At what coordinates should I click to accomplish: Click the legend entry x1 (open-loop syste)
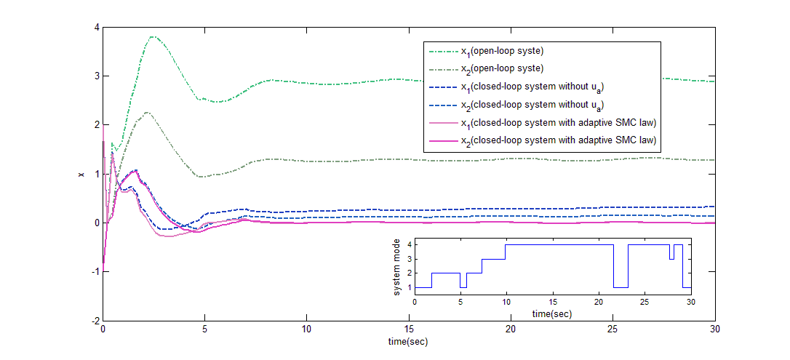(503, 52)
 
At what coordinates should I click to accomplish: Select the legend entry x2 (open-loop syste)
(503, 69)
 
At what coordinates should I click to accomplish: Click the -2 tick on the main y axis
(94, 321)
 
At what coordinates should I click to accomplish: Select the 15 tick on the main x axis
(409, 329)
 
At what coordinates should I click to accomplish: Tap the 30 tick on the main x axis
(715, 329)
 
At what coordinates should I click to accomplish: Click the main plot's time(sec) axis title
(409, 340)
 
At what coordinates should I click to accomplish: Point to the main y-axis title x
(81, 175)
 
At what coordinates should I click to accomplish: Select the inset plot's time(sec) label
(552, 313)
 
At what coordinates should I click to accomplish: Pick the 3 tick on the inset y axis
(409, 259)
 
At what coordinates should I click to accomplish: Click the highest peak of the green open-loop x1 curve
(153, 36)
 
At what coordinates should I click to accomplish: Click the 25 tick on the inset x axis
(645, 302)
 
